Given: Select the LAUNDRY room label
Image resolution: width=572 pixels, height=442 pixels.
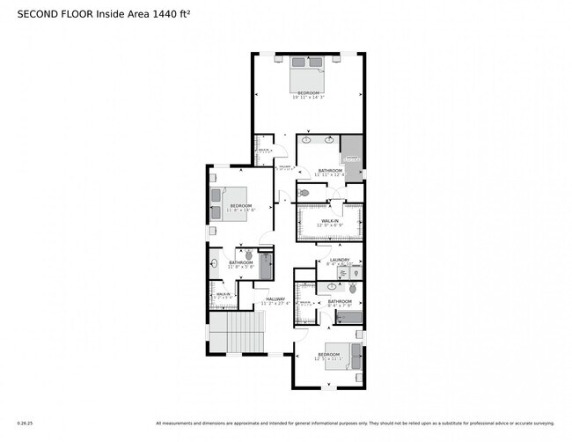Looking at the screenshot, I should tap(340, 260).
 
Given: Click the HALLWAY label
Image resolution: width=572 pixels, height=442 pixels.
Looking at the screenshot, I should tap(275, 299).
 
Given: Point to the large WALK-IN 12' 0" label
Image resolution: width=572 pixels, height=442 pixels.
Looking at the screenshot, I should tap(330, 222).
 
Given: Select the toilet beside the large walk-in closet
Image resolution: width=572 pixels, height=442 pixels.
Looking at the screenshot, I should tap(304, 192).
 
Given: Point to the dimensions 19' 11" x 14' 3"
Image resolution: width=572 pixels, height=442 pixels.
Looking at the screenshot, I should tap(308, 98).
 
